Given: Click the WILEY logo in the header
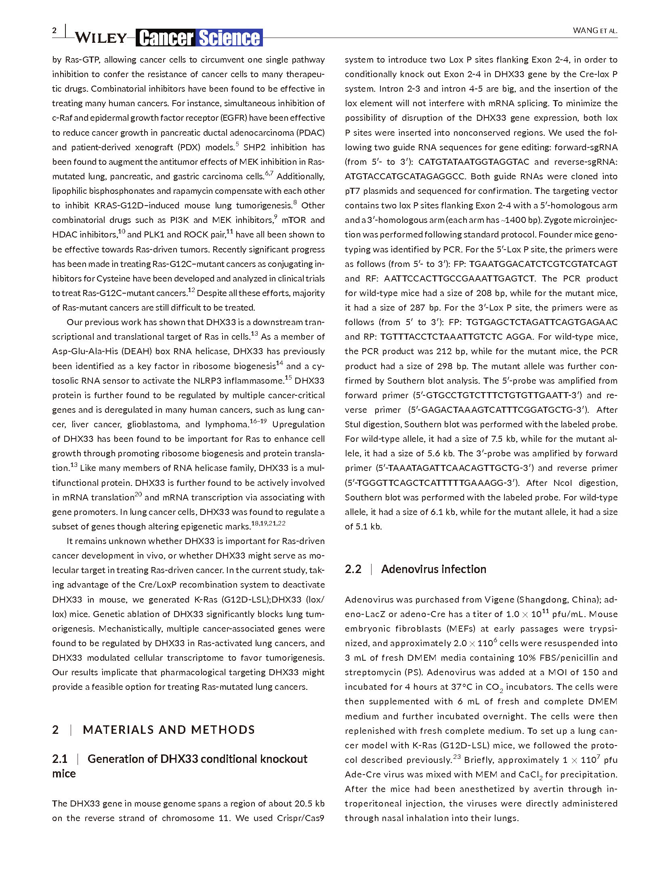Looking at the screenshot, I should (101, 38).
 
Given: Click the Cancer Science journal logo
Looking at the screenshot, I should (199, 38).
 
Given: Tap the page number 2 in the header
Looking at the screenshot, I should (54, 31).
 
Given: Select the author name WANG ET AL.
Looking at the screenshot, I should (595, 31).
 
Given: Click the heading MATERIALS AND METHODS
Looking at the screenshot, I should (169, 730).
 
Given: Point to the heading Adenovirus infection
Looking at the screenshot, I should (433, 569).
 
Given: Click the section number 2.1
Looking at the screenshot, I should (60, 759).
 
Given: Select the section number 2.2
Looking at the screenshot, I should (353, 569).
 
